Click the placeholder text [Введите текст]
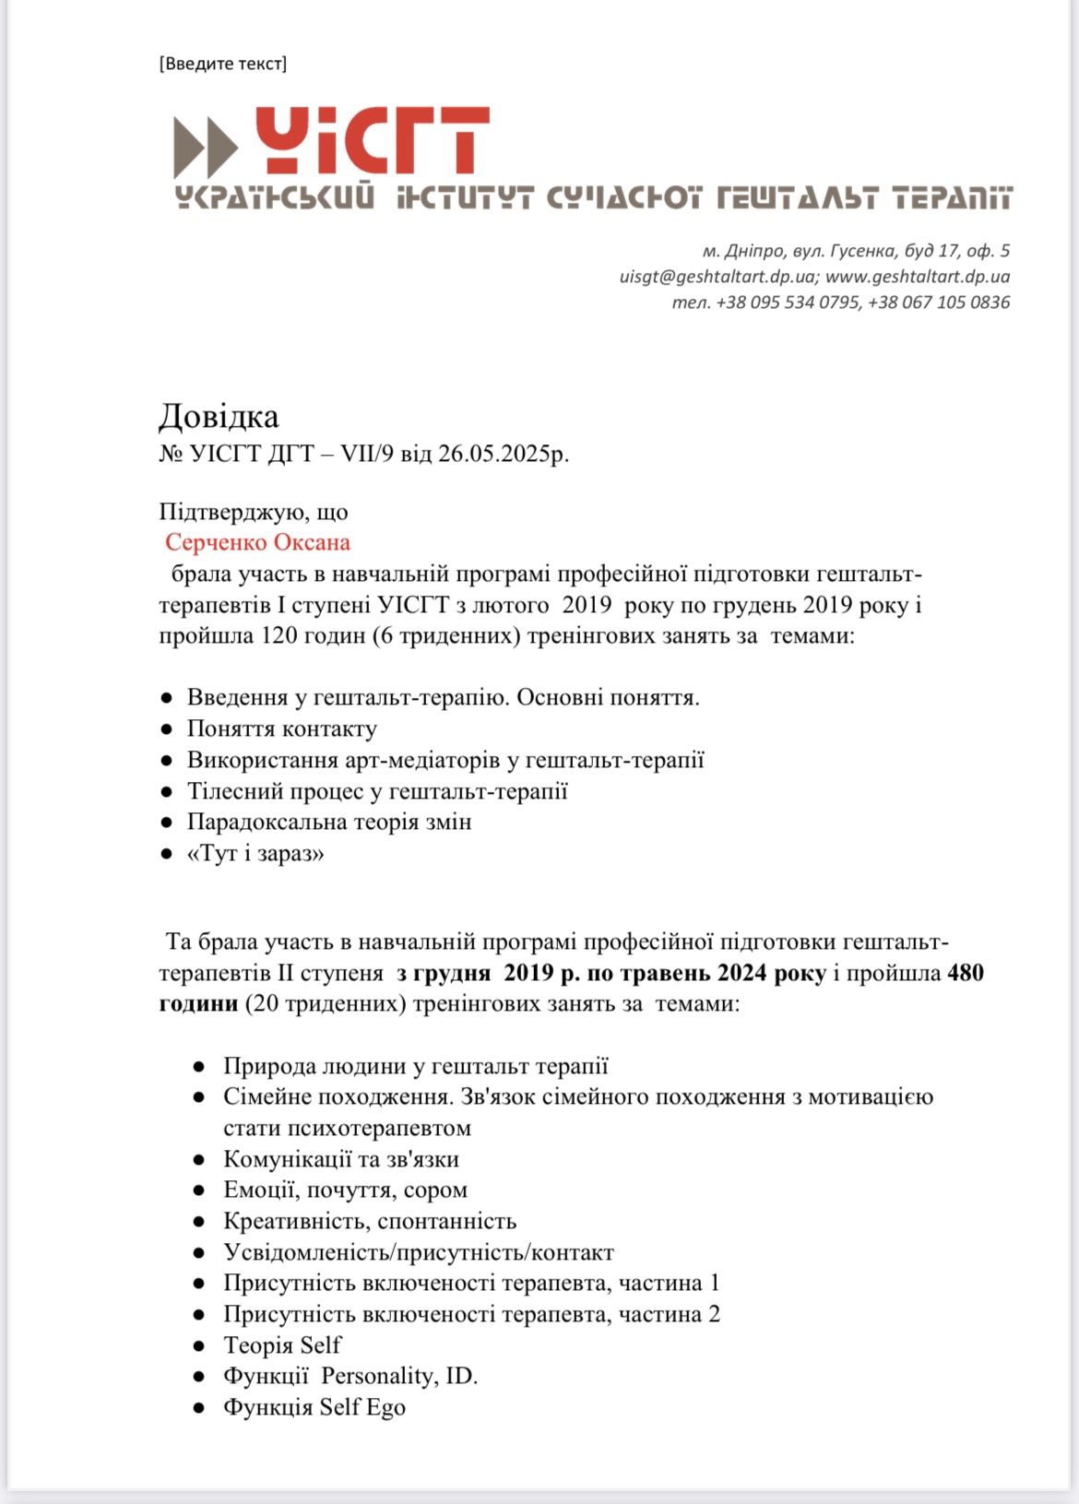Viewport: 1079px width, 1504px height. (x=222, y=64)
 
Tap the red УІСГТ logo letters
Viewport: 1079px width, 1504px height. (x=371, y=140)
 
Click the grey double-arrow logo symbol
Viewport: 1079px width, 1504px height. (x=206, y=148)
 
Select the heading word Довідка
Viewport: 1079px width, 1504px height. (x=219, y=417)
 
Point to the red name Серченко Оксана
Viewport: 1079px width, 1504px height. (x=257, y=542)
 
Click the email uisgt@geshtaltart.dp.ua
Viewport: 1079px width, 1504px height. (x=717, y=277)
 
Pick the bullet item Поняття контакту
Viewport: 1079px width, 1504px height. (x=281, y=728)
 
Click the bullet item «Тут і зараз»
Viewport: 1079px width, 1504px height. (x=255, y=853)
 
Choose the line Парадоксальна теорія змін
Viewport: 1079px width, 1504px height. (x=329, y=822)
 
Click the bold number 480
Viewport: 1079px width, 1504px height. (x=965, y=973)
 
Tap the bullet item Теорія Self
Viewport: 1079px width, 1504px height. (x=281, y=1345)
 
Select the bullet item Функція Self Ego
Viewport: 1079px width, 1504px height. (x=314, y=1407)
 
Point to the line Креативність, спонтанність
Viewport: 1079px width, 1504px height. (x=369, y=1221)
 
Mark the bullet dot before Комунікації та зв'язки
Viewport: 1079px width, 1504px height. (x=199, y=1160)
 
